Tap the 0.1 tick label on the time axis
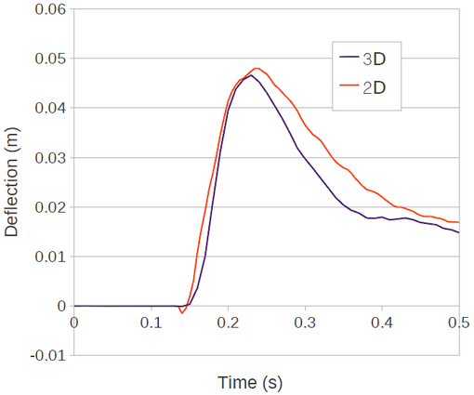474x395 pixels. [151, 323]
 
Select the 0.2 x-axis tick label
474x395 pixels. [228, 323]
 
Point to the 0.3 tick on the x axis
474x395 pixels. [305, 323]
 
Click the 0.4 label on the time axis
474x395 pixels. [382, 323]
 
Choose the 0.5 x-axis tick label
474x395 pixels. [458, 323]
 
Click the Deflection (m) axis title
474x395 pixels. [12, 182]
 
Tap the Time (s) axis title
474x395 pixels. [250, 382]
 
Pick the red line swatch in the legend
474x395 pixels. [349, 88]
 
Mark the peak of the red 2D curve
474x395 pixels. [257, 68]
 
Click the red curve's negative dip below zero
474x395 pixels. [182, 313]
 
